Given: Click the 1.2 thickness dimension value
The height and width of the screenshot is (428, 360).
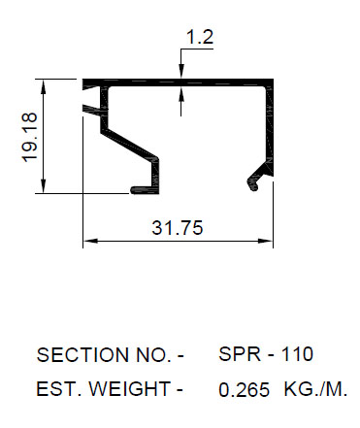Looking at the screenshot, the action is pyautogui.click(x=200, y=37).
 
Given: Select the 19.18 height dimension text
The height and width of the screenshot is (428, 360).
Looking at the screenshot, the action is pyautogui.click(x=29, y=137).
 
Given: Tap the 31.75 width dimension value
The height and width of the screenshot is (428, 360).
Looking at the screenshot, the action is pyautogui.click(x=178, y=227).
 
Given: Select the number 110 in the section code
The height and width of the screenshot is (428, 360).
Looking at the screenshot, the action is pyautogui.click(x=297, y=354).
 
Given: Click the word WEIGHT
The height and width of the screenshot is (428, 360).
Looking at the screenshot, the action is pyautogui.click(x=130, y=388).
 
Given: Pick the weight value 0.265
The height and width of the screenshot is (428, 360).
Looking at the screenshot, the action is pyautogui.click(x=244, y=389).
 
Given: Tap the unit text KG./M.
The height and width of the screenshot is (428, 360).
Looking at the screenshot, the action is pyautogui.click(x=315, y=389).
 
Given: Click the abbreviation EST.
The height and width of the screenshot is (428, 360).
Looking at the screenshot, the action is pyautogui.click(x=58, y=388).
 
